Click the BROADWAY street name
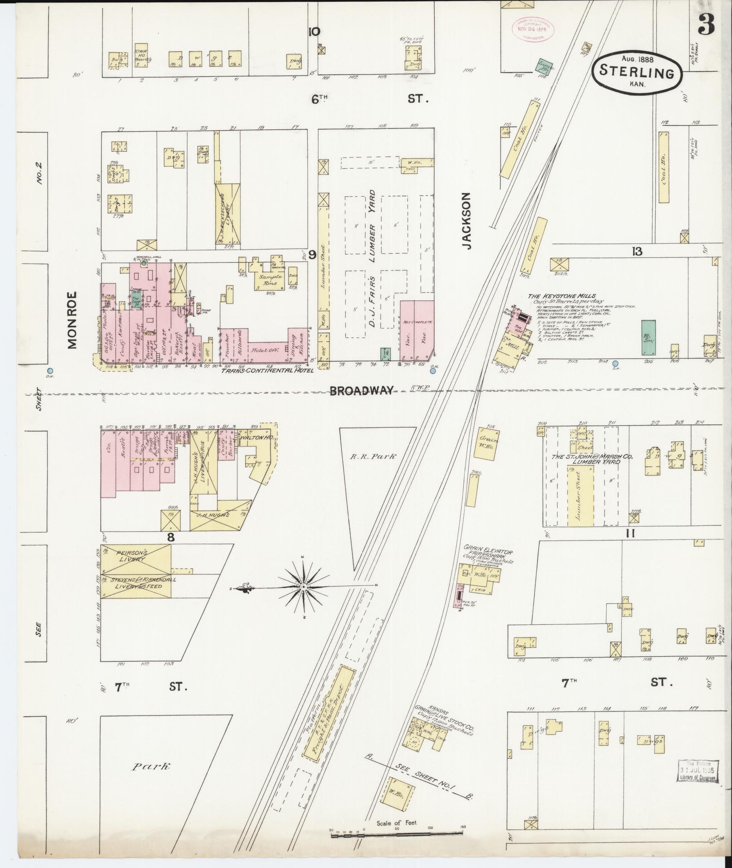(361, 391)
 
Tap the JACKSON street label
(467, 221)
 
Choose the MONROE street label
(73, 320)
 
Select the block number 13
(638, 251)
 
